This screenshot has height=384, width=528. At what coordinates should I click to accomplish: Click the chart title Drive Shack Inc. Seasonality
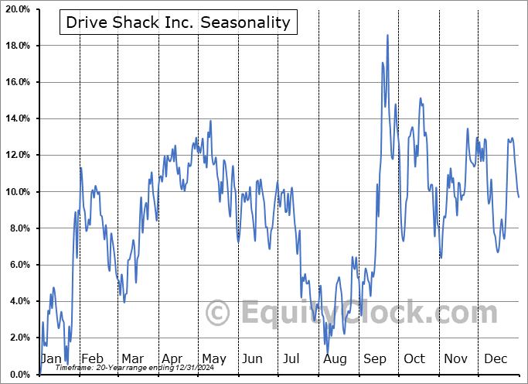tap(178, 22)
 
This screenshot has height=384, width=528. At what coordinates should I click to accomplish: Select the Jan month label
tap(50, 358)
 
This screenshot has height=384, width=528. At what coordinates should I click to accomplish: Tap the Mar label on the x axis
tap(132, 358)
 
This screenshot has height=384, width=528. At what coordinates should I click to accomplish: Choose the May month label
tap(213, 358)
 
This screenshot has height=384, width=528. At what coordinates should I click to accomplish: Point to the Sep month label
tap(375, 358)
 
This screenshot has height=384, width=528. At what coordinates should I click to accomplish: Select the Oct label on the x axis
tap(414, 358)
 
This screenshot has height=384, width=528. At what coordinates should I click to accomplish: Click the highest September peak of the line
tap(387, 36)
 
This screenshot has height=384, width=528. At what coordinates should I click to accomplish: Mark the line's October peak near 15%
tap(421, 98)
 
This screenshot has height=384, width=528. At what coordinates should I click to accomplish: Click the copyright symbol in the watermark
tap(218, 314)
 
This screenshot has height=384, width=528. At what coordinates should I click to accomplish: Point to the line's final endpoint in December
tap(519, 197)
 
